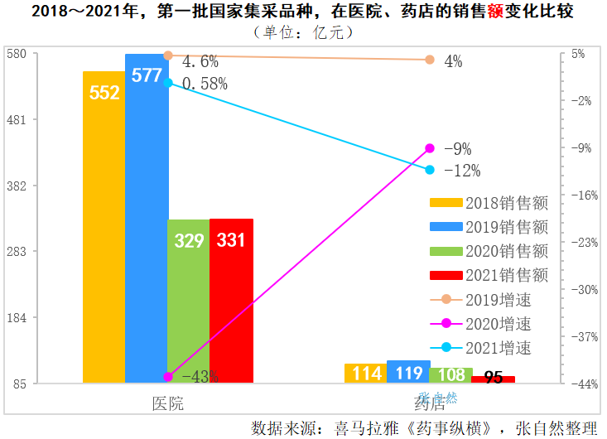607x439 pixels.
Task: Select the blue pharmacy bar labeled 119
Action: point(407,372)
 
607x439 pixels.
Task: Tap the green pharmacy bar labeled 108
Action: point(450,374)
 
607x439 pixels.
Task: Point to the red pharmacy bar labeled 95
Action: point(493,379)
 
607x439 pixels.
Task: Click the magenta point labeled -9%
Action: point(430,148)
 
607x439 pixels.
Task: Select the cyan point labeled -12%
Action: point(430,170)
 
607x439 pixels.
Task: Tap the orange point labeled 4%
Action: point(430,60)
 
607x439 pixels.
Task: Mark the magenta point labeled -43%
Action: point(168,377)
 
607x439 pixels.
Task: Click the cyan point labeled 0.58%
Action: point(168,83)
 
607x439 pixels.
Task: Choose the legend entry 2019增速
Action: point(489,299)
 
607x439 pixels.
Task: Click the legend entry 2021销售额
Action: point(489,274)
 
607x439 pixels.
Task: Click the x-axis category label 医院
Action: point(168,403)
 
